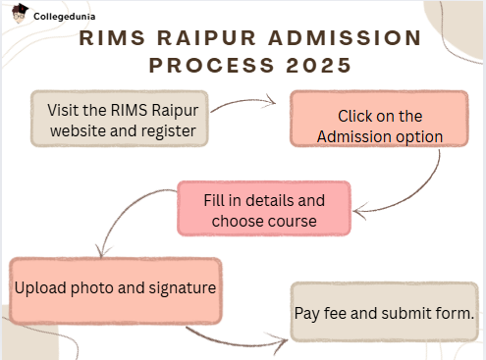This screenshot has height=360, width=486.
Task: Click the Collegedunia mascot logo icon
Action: [x=19, y=15]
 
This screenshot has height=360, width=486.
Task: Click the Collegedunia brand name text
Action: [x=68, y=17]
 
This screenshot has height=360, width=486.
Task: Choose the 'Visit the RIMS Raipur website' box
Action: [x=120, y=120]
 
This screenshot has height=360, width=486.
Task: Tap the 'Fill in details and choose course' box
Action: [x=264, y=210]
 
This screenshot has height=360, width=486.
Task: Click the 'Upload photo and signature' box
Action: [x=115, y=289]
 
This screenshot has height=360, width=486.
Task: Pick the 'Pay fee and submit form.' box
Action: [x=385, y=313]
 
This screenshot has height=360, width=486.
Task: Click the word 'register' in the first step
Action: [x=170, y=130]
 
